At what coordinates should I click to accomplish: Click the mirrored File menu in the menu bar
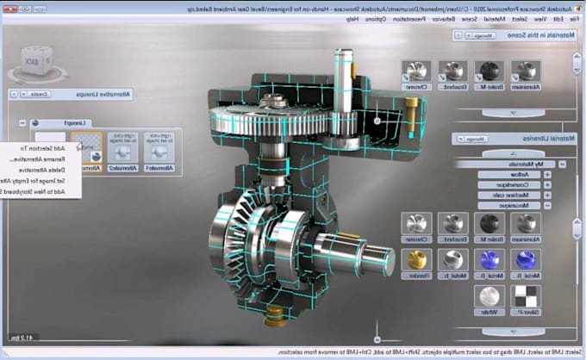(575, 16)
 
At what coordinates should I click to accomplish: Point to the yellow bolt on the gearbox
(412, 110)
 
